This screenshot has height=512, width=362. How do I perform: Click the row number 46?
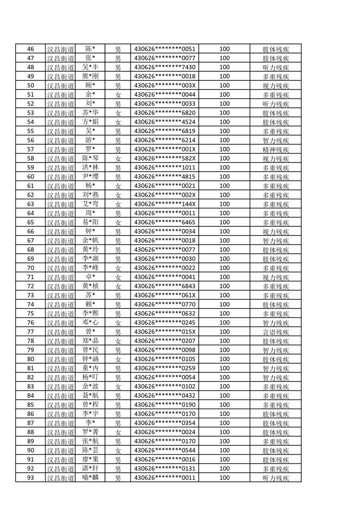pyautogui.click(x=31, y=49)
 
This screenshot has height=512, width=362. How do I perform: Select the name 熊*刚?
pyautogui.click(x=90, y=77)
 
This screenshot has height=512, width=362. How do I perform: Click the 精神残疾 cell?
pyautogui.click(x=276, y=150)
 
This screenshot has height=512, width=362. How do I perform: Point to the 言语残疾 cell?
pyautogui.click(x=276, y=332)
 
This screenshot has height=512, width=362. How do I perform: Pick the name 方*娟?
pyautogui.click(x=90, y=122)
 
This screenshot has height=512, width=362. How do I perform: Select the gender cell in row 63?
pyautogui.click(x=118, y=204)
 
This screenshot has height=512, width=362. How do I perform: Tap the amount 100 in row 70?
pyautogui.click(x=224, y=268)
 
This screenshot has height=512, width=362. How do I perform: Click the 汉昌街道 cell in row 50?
pyautogui.click(x=61, y=86)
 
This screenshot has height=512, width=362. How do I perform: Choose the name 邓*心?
pyautogui.click(x=90, y=323)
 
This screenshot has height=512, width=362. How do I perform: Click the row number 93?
pyautogui.click(x=31, y=478)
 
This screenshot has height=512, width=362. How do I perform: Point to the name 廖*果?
pyautogui.click(x=90, y=460)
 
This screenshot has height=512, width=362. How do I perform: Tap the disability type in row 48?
pyautogui.click(x=276, y=68)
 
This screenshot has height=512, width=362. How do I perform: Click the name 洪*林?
pyautogui.click(x=90, y=168)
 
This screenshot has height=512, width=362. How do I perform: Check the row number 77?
pyautogui.click(x=31, y=332)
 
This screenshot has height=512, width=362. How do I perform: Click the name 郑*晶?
pyautogui.click(x=90, y=341)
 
